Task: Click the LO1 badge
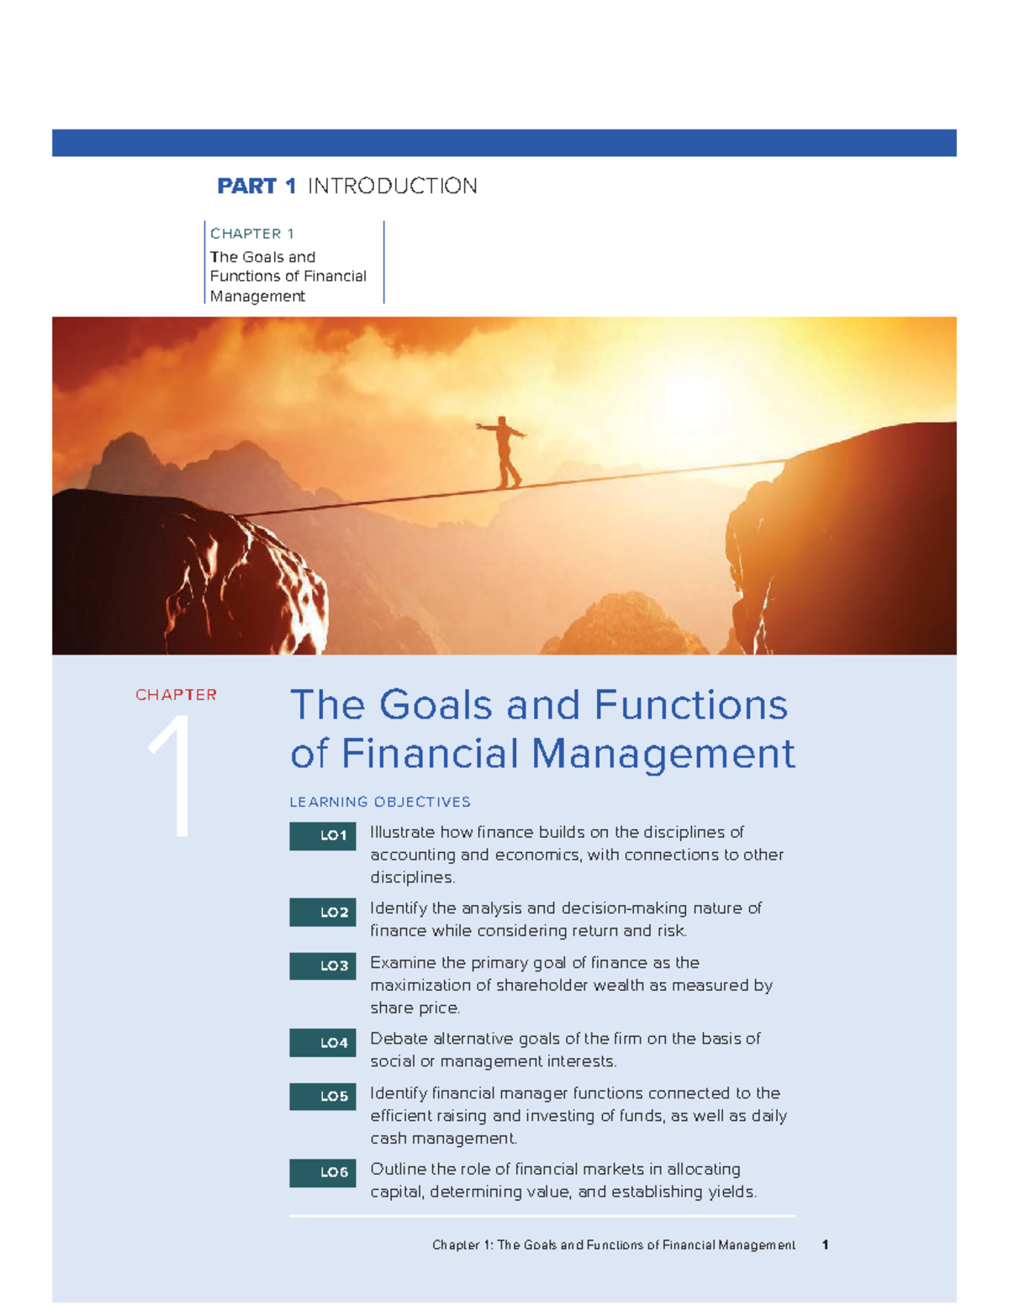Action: (323, 836)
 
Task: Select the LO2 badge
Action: (323, 913)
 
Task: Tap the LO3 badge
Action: (323, 966)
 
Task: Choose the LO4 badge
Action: (323, 1043)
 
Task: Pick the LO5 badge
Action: (323, 1097)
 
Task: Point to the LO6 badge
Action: (323, 1172)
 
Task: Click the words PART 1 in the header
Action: (256, 186)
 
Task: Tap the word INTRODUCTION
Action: (393, 186)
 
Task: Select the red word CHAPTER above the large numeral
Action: (176, 695)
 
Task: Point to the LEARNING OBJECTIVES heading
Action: (380, 802)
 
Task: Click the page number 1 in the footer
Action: (826, 1244)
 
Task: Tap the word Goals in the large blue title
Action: (436, 705)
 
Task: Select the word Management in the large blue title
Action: (663, 753)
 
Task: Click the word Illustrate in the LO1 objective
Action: (402, 833)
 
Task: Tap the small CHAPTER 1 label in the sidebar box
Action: (251, 234)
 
